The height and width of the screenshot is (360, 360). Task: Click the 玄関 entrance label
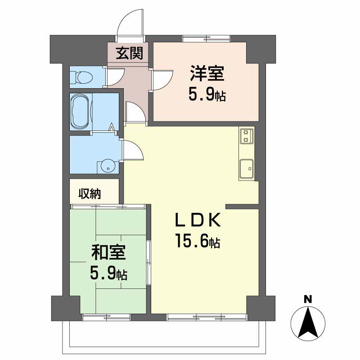click(x=130, y=53)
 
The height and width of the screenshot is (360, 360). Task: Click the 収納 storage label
click(x=90, y=194)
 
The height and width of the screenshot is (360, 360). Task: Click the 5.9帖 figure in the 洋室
click(x=207, y=95)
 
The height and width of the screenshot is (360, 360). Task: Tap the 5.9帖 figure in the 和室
click(x=108, y=273)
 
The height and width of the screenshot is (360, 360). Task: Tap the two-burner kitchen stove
click(x=246, y=135)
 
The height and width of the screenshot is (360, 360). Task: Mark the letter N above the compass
click(x=308, y=298)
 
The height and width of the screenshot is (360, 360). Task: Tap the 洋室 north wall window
click(x=207, y=38)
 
